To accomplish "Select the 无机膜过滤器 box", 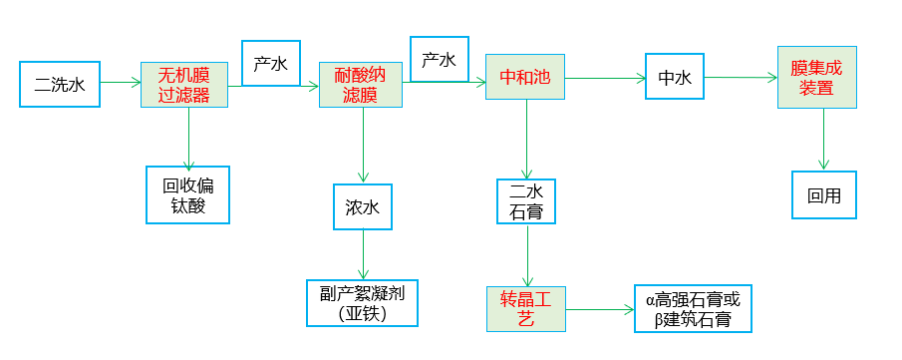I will click(184, 85).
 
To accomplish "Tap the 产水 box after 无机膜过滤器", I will click(271, 64).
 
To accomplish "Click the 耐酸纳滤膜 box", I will click(361, 85).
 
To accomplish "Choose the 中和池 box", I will click(525, 76).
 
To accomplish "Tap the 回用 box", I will click(824, 195).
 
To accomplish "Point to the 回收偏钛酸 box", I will click(188, 194).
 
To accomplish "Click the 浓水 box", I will click(363, 208).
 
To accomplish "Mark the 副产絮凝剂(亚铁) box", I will click(362, 303).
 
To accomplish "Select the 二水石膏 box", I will click(525, 201).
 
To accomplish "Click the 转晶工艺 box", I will click(526, 309).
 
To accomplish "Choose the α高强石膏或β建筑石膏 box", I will click(693, 309).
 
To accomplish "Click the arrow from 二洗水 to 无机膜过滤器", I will click(121, 84).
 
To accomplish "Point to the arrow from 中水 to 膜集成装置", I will click(741, 76).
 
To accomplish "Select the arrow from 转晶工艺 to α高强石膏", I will click(600, 310).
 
